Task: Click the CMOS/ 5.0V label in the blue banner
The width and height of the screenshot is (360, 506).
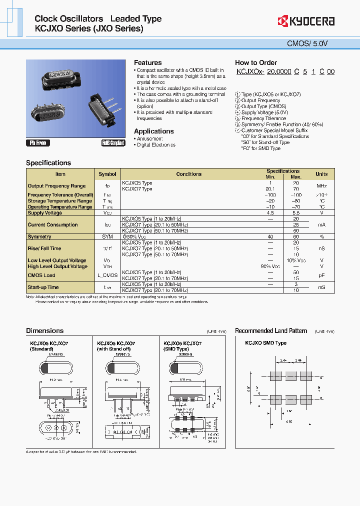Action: pyautogui.click(x=314, y=43)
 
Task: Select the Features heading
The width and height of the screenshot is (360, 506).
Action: pyautogui.click(x=147, y=62)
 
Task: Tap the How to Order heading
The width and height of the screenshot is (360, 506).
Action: pyautogui.click(x=255, y=62)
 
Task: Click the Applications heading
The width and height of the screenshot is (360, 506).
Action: pyautogui.click(x=153, y=131)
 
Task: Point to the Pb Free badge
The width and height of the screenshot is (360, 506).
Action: pyautogui.click(x=38, y=143)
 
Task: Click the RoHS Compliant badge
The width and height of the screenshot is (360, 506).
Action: pyautogui.click(x=113, y=143)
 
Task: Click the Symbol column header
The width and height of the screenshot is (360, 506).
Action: pyautogui.click(x=107, y=174)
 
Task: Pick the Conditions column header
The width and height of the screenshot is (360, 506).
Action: pyautogui.click(x=188, y=174)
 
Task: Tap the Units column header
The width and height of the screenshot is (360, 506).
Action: pyautogui.click(x=321, y=174)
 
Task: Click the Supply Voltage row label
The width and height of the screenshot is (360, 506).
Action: pyautogui.click(x=45, y=213)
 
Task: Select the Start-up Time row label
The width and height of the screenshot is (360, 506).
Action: pyautogui.click(x=43, y=287)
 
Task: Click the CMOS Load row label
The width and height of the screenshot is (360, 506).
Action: pyautogui.click(x=41, y=275)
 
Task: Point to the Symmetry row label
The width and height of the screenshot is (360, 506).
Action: pyautogui.click(x=39, y=236)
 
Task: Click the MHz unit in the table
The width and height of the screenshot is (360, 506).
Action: pyautogui.click(x=321, y=186)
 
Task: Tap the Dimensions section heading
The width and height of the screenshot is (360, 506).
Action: pyautogui.click(x=44, y=330)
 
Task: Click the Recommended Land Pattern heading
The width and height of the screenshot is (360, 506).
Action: pyautogui.click(x=271, y=330)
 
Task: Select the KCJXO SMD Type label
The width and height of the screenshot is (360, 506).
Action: pyautogui.click(x=265, y=343)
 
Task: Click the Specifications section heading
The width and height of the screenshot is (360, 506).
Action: pyautogui.click(x=48, y=162)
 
